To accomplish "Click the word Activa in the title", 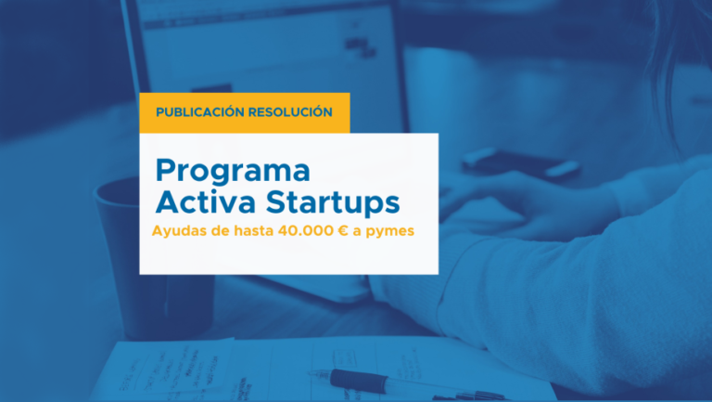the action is (206, 201).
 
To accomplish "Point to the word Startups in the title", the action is (333, 203).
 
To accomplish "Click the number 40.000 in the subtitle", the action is (306, 230).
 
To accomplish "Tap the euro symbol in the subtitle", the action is (343, 230).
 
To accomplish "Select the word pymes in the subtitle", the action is (390, 232).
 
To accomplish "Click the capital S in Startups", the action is (278, 201).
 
